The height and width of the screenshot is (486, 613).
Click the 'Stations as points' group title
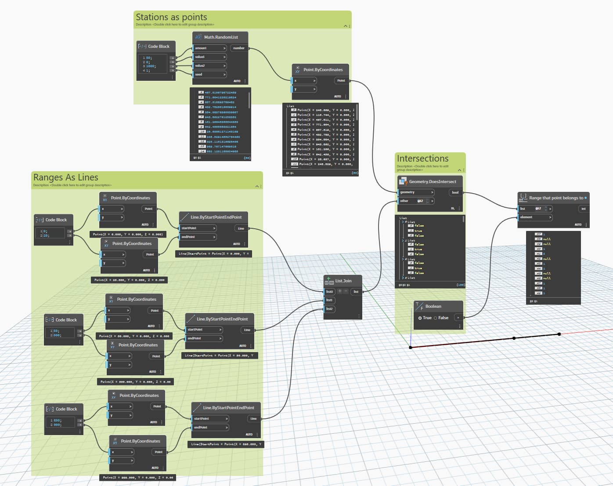pyautogui.click(x=171, y=17)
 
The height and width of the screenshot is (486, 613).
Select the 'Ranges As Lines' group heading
pyautogui.click(x=66, y=177)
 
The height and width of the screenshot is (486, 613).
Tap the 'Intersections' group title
pyautogui.click(x=422, y=158)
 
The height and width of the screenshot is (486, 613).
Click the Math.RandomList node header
pyautogui.click(x=221, y=37)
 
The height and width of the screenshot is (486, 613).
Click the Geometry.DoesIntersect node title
pyautogui.click(x=432, y=182)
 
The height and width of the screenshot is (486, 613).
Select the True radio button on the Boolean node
pyautogui.click(x=420, y=318)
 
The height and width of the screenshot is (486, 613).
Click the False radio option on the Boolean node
pyautogui.click(x=436, y=318)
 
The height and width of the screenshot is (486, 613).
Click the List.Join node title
pyautogui.click(x=343, y=281)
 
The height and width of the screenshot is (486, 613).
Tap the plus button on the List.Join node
pyautogui.click(x=339, y=291)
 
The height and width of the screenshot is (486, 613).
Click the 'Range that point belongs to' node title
pyautogui.click(x=556, y=198)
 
